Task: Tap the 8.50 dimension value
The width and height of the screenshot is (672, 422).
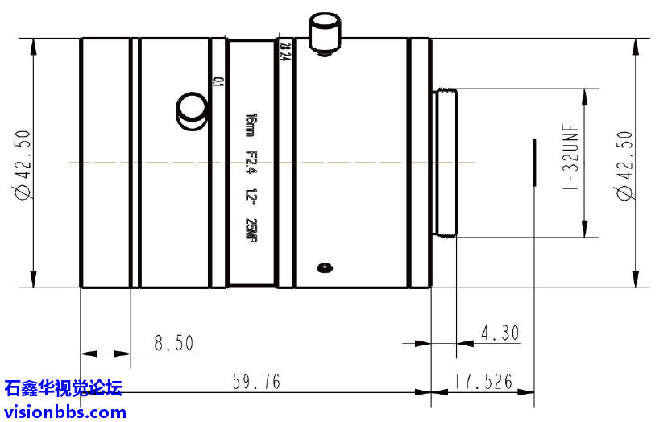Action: (174, 343)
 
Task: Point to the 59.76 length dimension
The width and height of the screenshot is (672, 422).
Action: (255, 382)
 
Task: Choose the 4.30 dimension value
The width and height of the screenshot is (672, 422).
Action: (500, 333)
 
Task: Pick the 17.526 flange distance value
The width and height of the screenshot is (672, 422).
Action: (483, 382)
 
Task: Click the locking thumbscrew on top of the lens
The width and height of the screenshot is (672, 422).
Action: (325, 33)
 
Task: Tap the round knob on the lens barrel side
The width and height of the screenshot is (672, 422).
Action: (193, 110)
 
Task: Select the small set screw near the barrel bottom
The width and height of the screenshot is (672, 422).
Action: (324, 267)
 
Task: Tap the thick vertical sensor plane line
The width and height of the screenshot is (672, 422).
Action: (533, 163)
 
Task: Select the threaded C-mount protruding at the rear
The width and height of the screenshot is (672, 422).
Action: (446, 163)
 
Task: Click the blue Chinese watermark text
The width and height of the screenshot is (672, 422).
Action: (64, 389)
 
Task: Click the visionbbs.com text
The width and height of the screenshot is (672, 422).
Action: (65, 412)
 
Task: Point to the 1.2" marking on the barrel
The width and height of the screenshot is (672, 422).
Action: (250, 197)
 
